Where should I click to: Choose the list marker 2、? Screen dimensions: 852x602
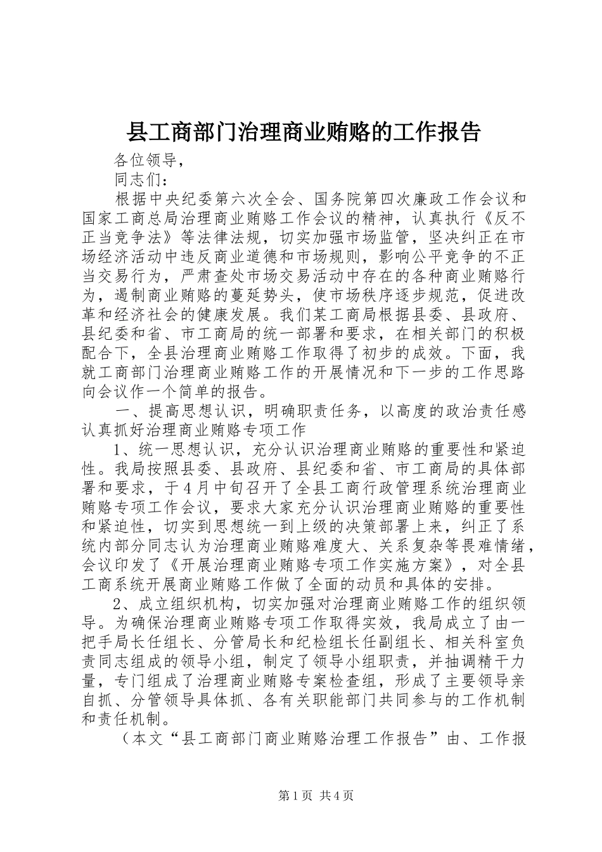121,602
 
